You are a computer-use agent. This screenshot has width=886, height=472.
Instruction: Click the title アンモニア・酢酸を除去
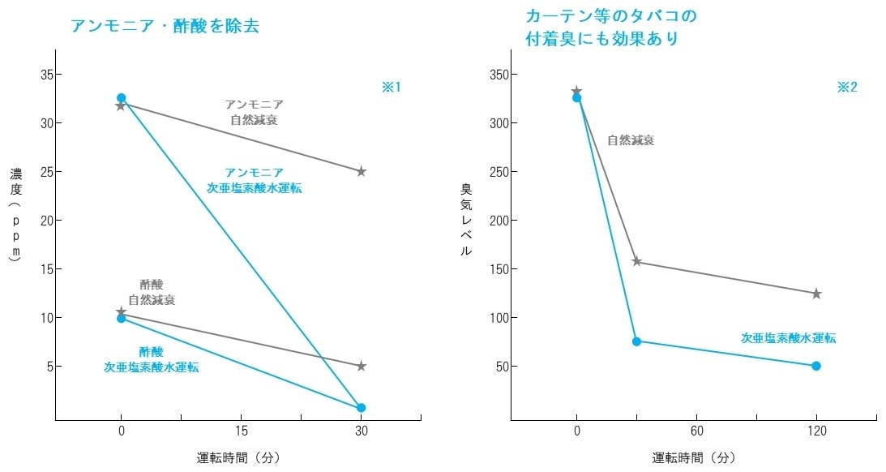click(165, 25)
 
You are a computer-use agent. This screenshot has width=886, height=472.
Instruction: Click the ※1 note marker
click(392, 87)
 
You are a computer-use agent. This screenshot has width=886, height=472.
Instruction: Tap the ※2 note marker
click(847, 87)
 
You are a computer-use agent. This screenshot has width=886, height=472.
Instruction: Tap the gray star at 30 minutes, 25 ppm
click(362, 171)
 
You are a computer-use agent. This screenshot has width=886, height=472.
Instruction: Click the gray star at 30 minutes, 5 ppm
click(362, 366)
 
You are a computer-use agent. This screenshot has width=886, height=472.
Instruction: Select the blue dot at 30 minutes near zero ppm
click(362, 408)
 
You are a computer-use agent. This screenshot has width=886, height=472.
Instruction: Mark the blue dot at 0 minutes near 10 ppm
click(122, 318)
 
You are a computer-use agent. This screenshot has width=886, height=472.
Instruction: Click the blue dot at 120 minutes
click(816, 366)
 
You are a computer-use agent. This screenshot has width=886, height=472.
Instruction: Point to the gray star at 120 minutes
click(816, 294)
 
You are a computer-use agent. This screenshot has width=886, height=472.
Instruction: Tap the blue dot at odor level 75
click(636, 341)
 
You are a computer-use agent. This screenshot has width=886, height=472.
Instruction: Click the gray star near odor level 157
click(636, 261)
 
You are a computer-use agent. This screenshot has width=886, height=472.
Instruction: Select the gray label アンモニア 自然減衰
click(254, 112)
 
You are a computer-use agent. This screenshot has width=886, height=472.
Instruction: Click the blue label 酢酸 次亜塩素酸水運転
click(152, 359)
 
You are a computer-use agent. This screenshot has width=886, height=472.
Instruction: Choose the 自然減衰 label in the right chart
click(631, 140)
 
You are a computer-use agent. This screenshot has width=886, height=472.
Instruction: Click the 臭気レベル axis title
click(466, 219)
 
